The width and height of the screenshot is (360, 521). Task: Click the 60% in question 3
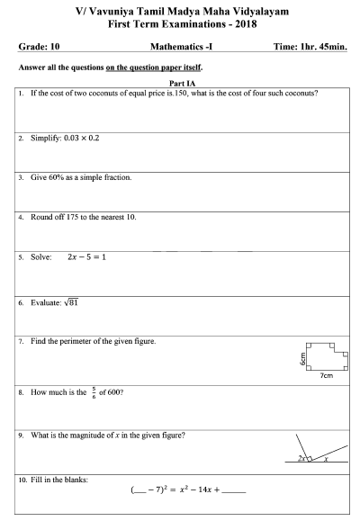pyautogui.click(x=55, y=177)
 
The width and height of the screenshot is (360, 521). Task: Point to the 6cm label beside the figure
pyautogui.click(x=304, y=358)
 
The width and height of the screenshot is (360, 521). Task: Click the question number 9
pyautogui.click(x=21, y=436)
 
